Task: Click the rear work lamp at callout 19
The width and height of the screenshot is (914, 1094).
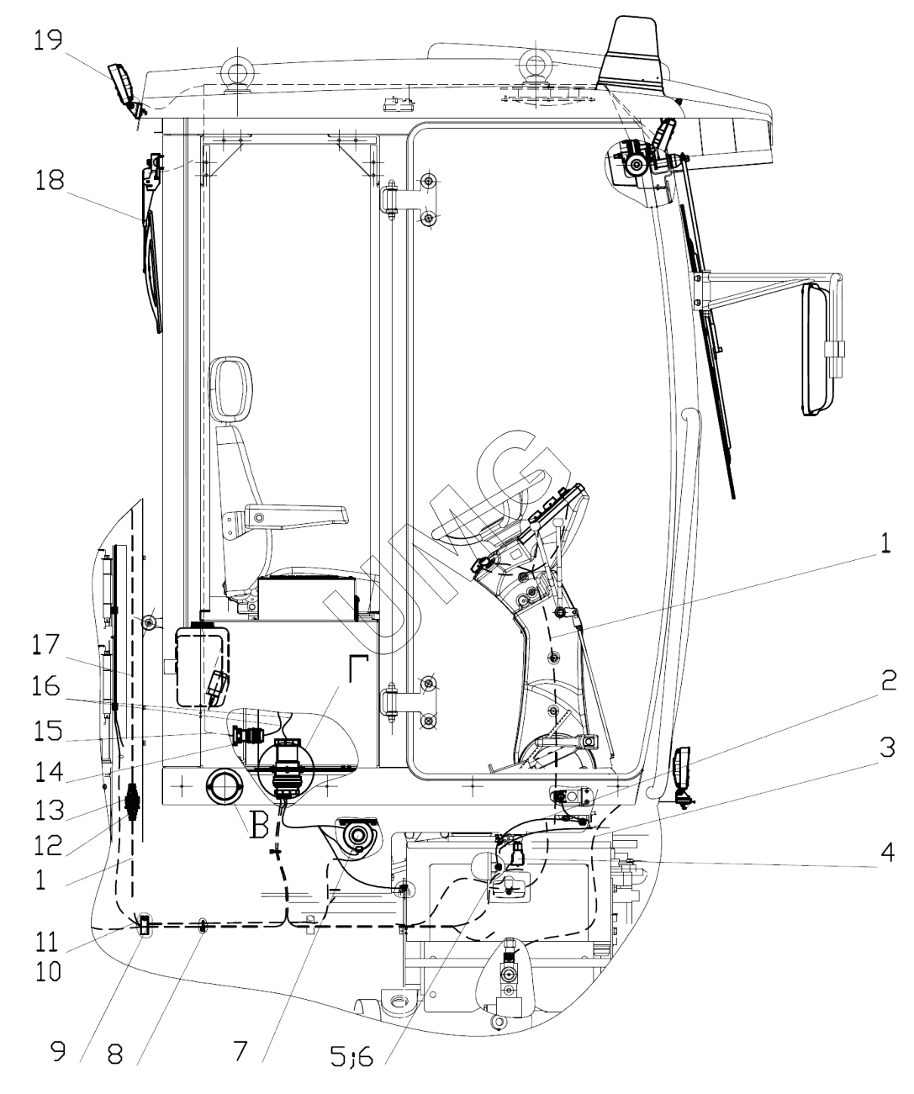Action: (x=124, y=86)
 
